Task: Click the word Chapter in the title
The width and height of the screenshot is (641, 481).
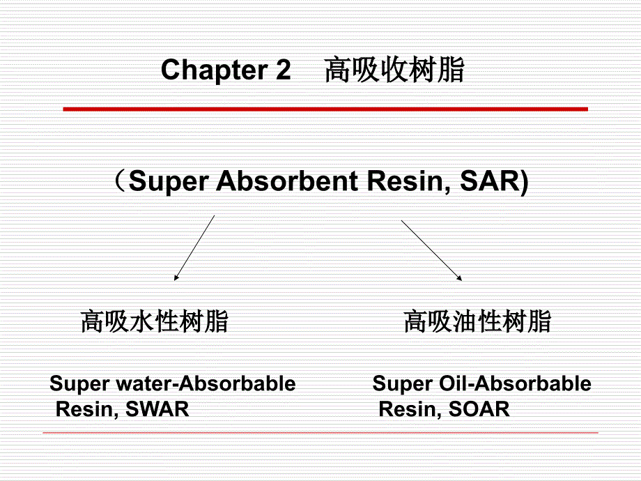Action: click(215, 70)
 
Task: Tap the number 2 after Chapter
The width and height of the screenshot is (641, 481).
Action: click(283, 69)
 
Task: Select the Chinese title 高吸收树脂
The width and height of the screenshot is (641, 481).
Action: click(394, 70)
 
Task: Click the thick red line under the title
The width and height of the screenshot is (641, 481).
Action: click(325, 109)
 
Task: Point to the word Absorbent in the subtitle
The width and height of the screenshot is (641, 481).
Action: click(287, 181)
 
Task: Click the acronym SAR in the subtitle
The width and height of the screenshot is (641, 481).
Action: click(489, 181)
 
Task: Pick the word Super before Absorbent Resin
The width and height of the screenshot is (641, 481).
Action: click(169, 181)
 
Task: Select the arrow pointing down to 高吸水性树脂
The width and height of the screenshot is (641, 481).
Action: click(194, 248)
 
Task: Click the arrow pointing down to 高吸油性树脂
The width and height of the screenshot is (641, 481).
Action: click(432, 250)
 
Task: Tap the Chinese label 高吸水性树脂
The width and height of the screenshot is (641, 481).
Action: click(154, 321)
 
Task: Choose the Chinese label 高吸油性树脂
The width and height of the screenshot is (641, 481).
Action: click(477, 321)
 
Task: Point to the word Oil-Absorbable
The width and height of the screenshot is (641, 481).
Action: click(515, 383)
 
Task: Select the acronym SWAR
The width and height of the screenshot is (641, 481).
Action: click(157, 409)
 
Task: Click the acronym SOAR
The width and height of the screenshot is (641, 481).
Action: click(479, 409)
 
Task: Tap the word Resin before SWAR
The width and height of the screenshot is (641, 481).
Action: click(87, 409)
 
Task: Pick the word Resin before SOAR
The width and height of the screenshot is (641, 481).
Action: click(410, 409)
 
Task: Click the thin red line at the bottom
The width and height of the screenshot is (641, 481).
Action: click(320, 432)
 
